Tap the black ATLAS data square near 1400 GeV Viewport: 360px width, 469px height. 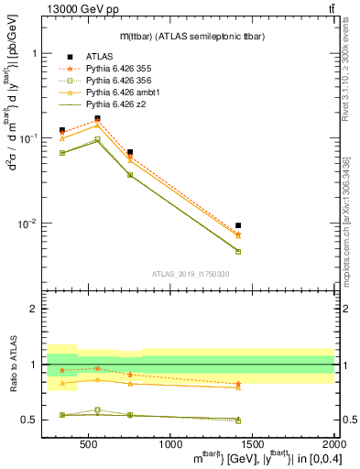tap(238, 225)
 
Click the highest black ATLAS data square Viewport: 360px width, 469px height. tap(97, 118)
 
